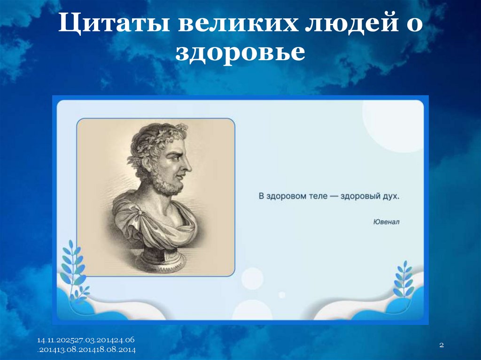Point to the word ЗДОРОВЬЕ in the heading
240,53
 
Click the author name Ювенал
387,222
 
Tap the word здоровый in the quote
361,196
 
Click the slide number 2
442,345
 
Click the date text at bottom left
87,345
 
